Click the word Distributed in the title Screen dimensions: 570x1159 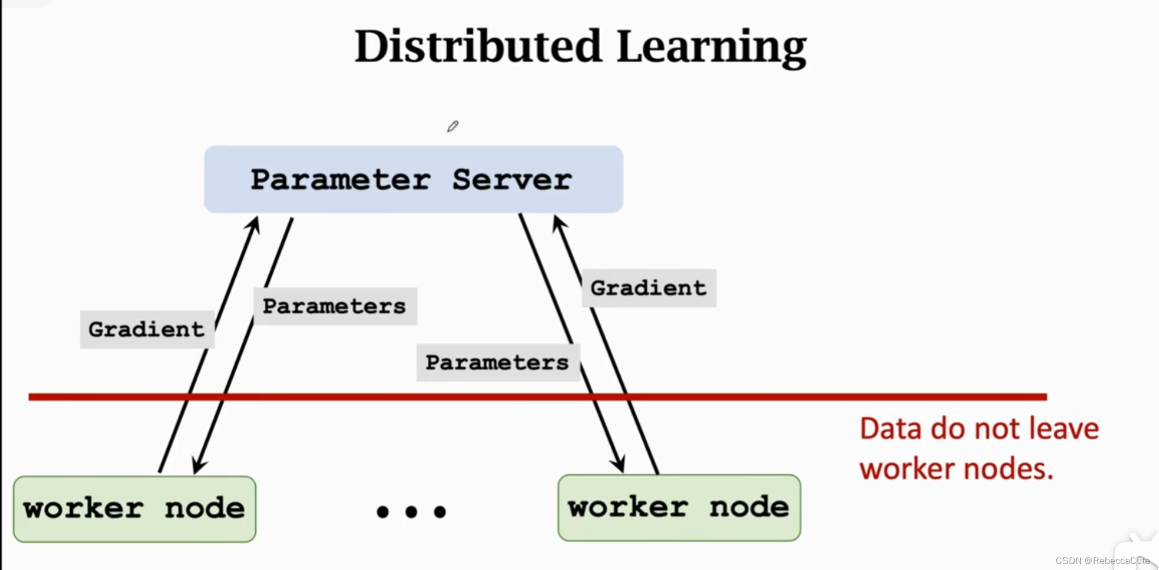pos(477,47)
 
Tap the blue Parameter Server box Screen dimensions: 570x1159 pos(413,179)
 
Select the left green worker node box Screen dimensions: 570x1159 pos(134,509)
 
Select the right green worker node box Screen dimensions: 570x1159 pos(679,508)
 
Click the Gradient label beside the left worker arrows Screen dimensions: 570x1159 pos(146,329)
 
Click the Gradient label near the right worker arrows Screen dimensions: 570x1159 pos(648,288)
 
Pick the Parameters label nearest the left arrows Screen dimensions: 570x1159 pos(334,306)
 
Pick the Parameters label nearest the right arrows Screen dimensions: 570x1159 pos(497,362)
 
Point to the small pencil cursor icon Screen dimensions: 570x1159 pos(452,127)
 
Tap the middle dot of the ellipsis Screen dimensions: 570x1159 pos(411,511)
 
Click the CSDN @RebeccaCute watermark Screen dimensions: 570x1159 pos(1102,561)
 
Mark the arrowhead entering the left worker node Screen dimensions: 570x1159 pos(198,466)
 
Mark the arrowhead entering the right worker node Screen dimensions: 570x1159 pos(618,464)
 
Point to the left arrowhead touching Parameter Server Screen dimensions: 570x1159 pos(255,224)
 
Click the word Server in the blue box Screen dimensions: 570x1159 pos(512,179)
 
